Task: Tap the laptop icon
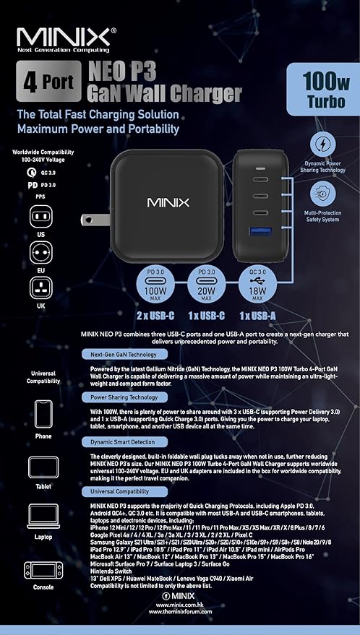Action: click(43, 517)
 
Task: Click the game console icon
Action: click(43, 570)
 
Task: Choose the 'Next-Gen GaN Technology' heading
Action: click(124, 355)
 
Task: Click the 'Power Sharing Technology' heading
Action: click(124, 397)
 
